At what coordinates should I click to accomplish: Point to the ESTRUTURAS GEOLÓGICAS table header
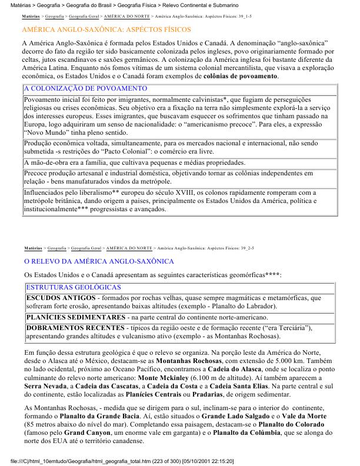(74, 287)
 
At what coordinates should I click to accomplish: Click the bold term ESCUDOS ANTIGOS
(61, 298)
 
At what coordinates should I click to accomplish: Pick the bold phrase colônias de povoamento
(236, 76)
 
